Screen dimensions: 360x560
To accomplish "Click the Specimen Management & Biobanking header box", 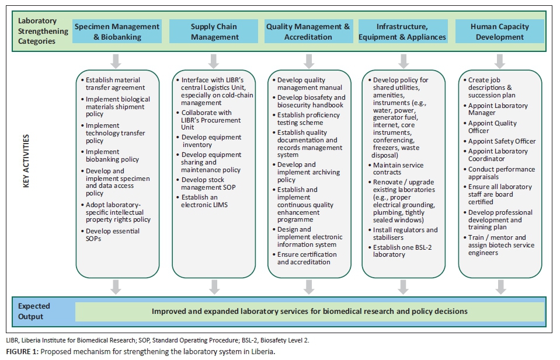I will click(117, 32).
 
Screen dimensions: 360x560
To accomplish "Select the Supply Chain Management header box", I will click(214, 32).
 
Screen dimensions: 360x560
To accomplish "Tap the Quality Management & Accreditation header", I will click(308, 32).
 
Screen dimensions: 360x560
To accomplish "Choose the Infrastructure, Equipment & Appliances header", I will click(402, 32).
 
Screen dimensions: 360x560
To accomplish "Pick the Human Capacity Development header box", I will click(499, 32).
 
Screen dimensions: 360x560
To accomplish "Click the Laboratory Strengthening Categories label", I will click(36, 32).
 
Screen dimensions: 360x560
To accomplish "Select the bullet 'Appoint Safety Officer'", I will click(502, 141).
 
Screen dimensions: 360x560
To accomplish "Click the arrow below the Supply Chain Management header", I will click(214, 61).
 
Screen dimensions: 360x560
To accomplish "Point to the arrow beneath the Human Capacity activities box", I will click(499, 286).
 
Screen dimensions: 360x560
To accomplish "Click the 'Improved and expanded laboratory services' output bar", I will click(309, 312).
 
